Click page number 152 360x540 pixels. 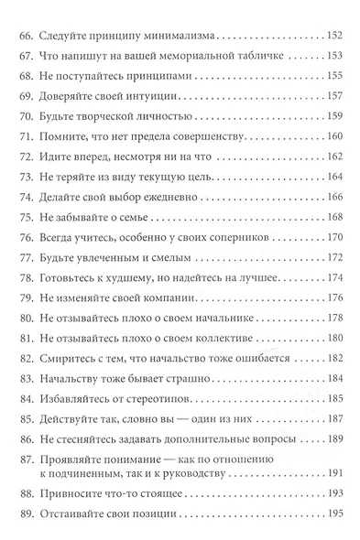(x=334, y=37)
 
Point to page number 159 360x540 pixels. (x=334, y=114)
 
